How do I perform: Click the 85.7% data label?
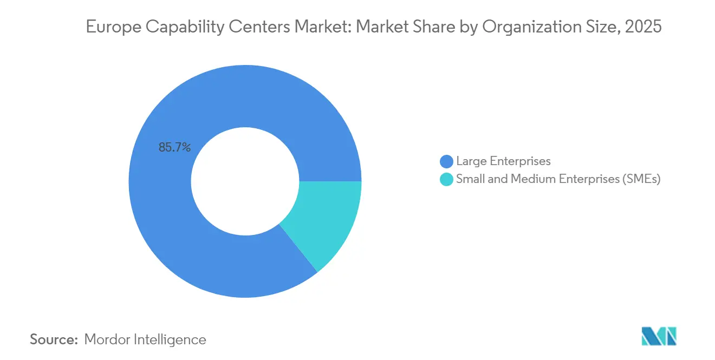coord(174,147)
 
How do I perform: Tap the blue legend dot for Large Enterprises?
coord(447,161)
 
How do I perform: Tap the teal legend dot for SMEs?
coord(447,180)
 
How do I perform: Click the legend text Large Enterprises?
coord(503,161)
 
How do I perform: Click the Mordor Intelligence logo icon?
coord(659,336)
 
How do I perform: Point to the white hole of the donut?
coord(245,181)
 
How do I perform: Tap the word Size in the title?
coord(600,27)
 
